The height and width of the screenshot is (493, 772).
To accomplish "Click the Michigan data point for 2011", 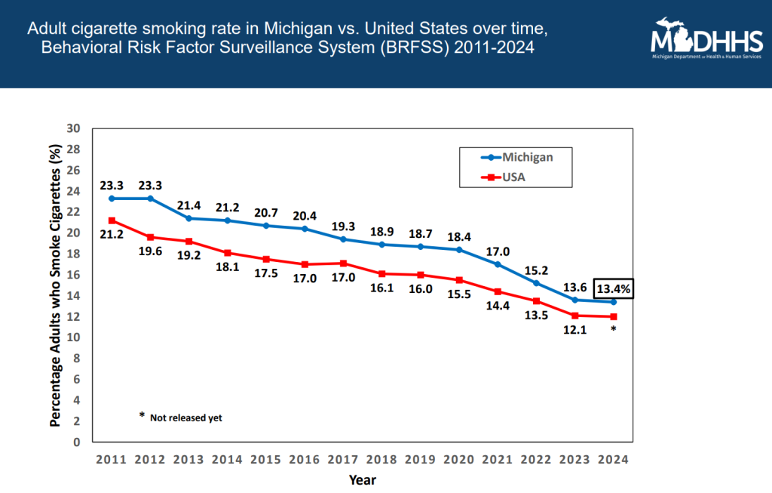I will click(112, 199).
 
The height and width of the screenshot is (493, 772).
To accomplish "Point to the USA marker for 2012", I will click(151, 237).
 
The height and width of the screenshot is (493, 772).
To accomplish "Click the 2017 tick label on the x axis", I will click(343, 459).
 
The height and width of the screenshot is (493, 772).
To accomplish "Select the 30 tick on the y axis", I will click(74, 128).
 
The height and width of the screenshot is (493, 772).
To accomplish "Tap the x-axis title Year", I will click(362, 479).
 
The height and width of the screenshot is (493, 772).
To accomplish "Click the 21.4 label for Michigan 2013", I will click(189, 205).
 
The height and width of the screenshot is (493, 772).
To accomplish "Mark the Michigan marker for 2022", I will click(536, 283).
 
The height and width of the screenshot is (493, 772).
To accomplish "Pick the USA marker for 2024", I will click(614, 316).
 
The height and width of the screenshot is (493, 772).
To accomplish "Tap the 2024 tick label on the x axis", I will click(613, 459).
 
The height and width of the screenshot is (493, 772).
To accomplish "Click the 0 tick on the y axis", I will click(77, 442).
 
